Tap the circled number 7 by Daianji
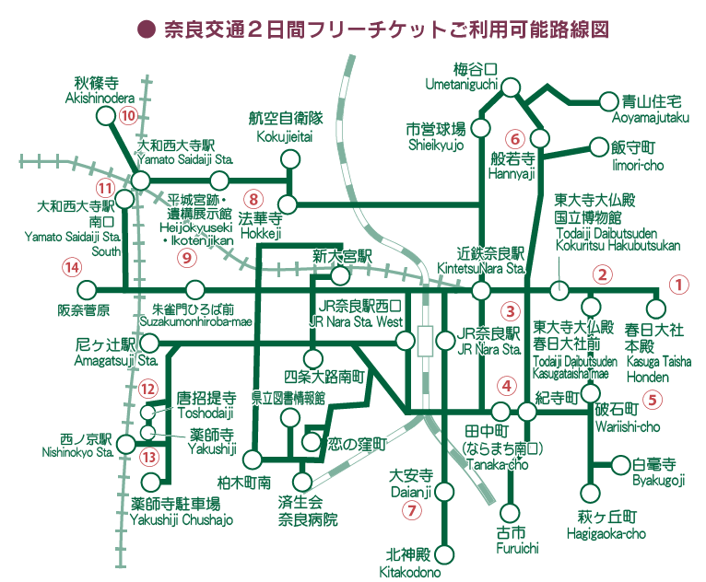click(412, 508)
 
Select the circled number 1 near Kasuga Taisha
click(677, 285)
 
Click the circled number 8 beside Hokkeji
click(254, 199)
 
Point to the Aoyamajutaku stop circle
click(607, 101)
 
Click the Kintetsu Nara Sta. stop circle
click(480, 291)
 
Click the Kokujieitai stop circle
click(290, 160)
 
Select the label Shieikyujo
click(437, 145)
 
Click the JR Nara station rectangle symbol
click(425, 341)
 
